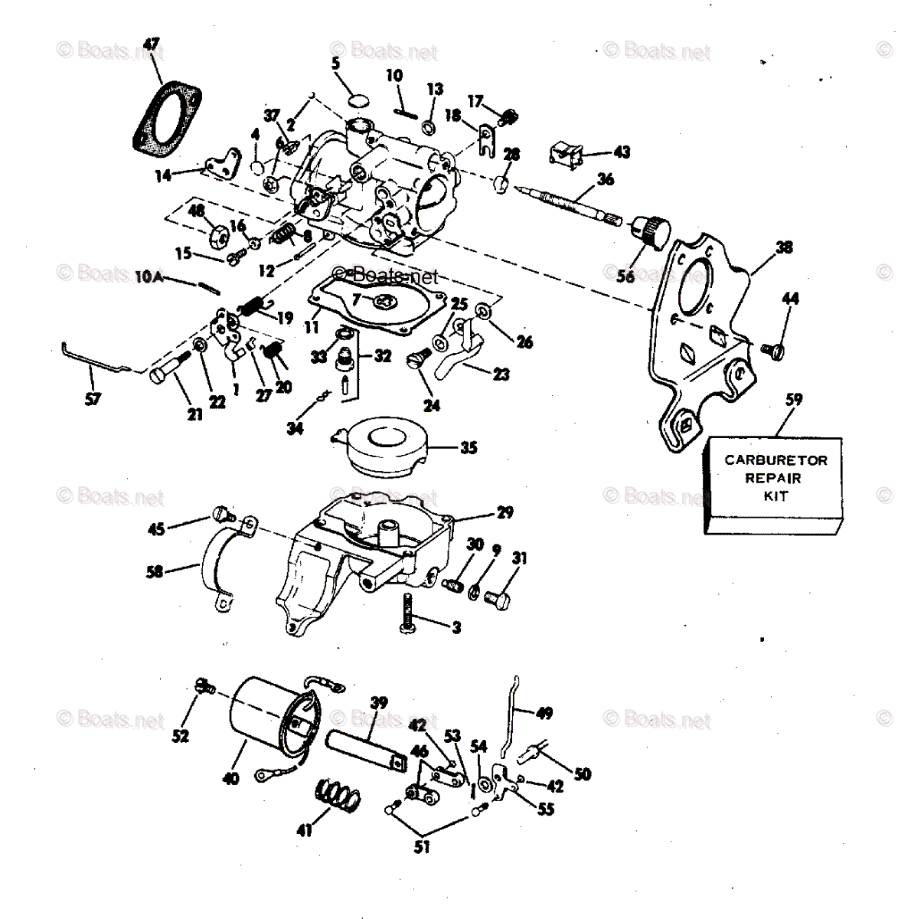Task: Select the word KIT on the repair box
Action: point(776,495)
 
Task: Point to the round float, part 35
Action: point(390,446)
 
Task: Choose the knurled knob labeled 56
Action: point(653,231)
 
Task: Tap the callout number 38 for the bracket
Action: point(784,247)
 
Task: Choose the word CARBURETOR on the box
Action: point(776,461)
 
